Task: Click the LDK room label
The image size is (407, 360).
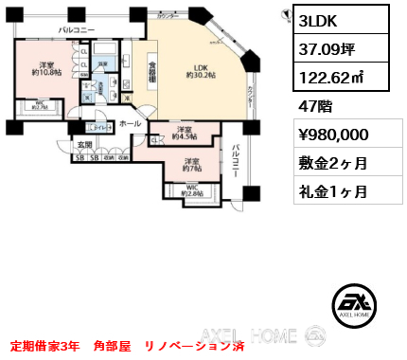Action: [202, 72]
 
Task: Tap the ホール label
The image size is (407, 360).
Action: [131, 123]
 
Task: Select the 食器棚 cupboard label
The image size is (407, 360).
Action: [151, 72]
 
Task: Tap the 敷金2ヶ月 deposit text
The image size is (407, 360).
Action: [329, 164]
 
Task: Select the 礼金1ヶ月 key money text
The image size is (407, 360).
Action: [329, 190]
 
